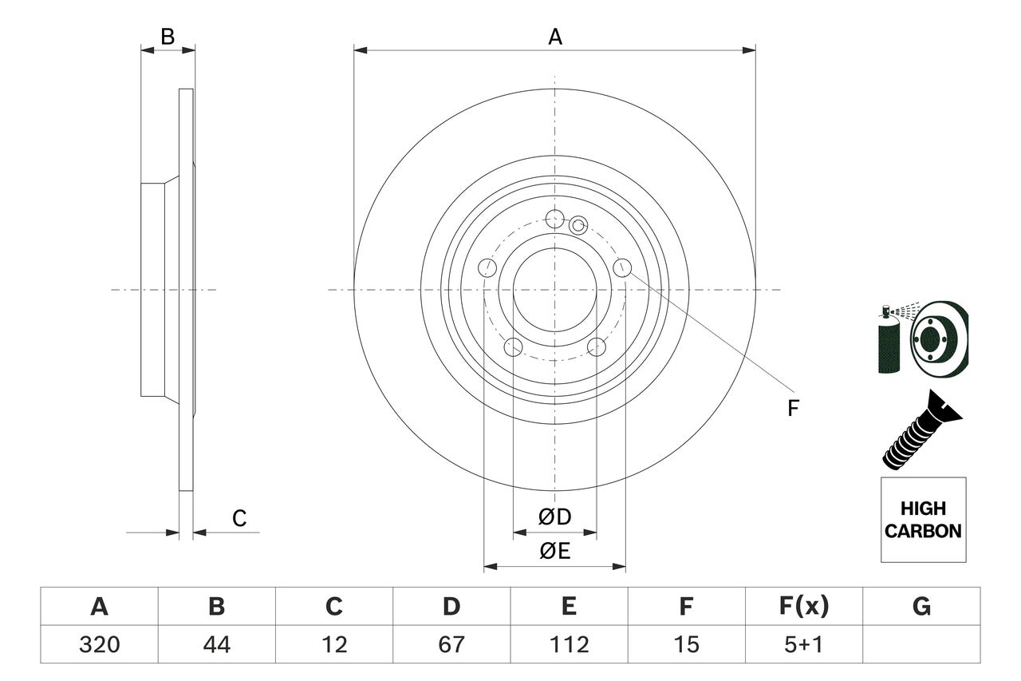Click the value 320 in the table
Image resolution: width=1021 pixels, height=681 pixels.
point(99,644)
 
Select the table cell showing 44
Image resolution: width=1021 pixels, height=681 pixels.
point(216,644)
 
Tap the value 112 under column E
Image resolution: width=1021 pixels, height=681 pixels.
point(569,644)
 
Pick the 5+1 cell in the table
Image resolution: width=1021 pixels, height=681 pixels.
point(803,644)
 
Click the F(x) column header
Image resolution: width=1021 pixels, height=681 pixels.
point(803,607)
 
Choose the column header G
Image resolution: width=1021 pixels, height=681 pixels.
point(921,607)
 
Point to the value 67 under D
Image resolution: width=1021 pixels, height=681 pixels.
point(451,644)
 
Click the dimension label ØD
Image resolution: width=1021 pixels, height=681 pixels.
point(555,517)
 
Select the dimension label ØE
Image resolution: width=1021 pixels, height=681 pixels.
point(555,551)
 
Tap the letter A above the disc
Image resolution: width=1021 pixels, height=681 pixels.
point(555,37)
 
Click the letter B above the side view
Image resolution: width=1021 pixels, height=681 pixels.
point(168,37)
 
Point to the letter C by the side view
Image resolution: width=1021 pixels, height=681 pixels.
point(239,519)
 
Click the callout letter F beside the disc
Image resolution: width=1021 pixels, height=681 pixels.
point(792,409)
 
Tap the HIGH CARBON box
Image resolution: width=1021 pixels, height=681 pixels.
point(923,520)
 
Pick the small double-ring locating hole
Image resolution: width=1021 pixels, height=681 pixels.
point(578,226)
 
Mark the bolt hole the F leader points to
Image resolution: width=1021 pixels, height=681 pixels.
point(622,267)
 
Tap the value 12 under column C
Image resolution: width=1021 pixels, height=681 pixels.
point(333,644)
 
